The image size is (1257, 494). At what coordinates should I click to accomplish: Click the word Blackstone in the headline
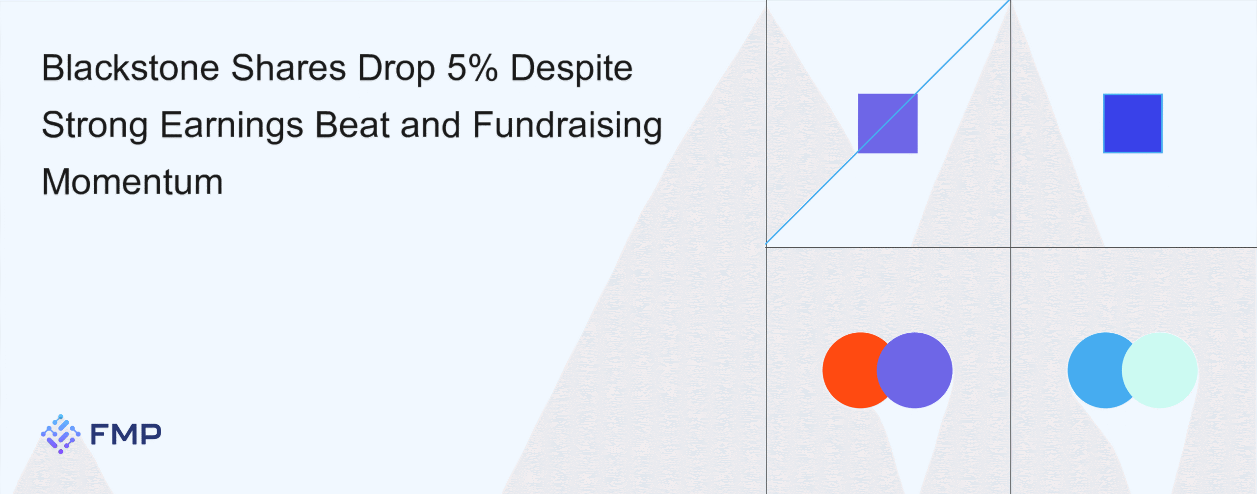pos(131,68)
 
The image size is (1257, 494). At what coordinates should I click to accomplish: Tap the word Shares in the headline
pos(289,68)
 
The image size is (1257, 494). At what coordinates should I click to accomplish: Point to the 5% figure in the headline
pos(472,68)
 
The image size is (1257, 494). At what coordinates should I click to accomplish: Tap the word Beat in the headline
pos(353,125)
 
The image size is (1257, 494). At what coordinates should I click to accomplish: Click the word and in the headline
pos(431,125)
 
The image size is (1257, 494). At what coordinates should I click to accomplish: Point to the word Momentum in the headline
pos(133,182)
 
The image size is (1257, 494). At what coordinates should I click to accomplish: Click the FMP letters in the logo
pos(126,434)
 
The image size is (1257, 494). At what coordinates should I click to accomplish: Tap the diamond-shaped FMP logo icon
pos(60,434)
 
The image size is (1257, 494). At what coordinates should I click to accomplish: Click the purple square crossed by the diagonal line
pos(887,123)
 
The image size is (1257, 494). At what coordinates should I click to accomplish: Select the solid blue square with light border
pos(1133,123)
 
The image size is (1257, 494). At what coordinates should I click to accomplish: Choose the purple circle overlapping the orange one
pos(914,370)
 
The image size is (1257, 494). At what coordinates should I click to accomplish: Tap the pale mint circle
pos(1160,370)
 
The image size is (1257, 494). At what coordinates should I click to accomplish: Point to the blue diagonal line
pos(888,122)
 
